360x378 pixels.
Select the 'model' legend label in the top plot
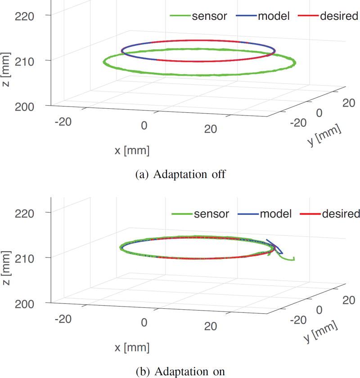274,17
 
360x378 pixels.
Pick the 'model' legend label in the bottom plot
276,213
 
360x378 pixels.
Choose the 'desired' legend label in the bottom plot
341,213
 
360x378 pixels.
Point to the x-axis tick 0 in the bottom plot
144,323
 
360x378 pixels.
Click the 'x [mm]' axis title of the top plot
132,150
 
